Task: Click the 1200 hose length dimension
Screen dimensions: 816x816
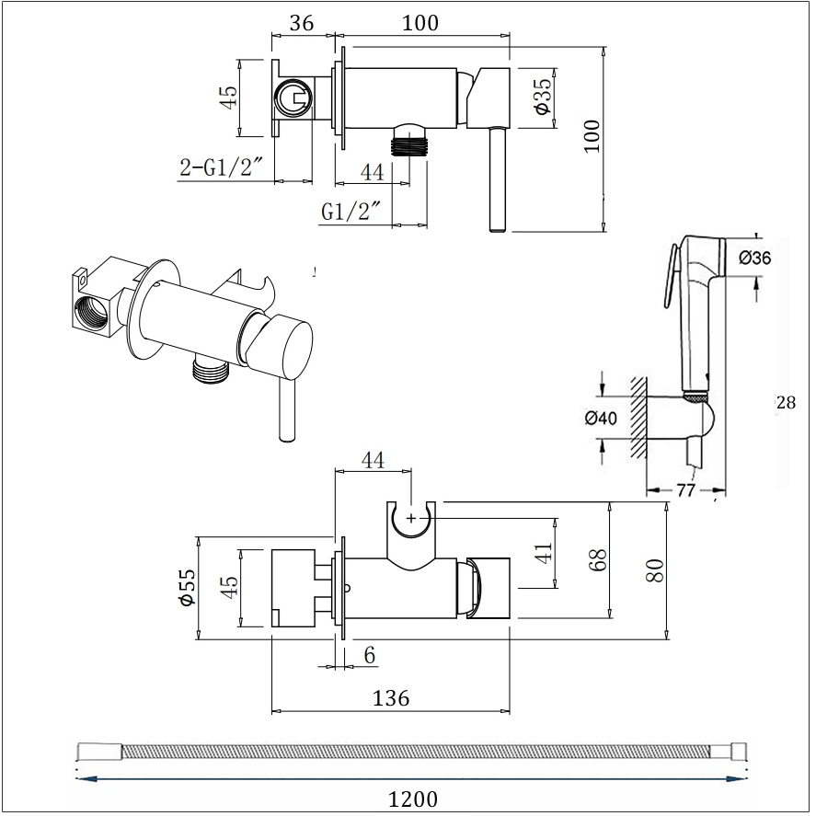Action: (413, 799)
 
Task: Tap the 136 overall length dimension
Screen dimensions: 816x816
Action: (391, 698)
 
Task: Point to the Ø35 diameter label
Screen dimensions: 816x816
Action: (542, 96)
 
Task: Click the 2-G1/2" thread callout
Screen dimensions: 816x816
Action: (219, 167)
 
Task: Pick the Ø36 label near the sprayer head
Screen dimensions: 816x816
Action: (754, 258)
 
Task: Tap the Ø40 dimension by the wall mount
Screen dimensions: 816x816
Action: (601, 418)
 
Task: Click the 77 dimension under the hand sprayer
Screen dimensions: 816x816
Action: (686, 490)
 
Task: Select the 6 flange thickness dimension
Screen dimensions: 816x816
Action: (370, 656)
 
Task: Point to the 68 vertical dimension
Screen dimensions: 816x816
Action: (600, 560)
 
